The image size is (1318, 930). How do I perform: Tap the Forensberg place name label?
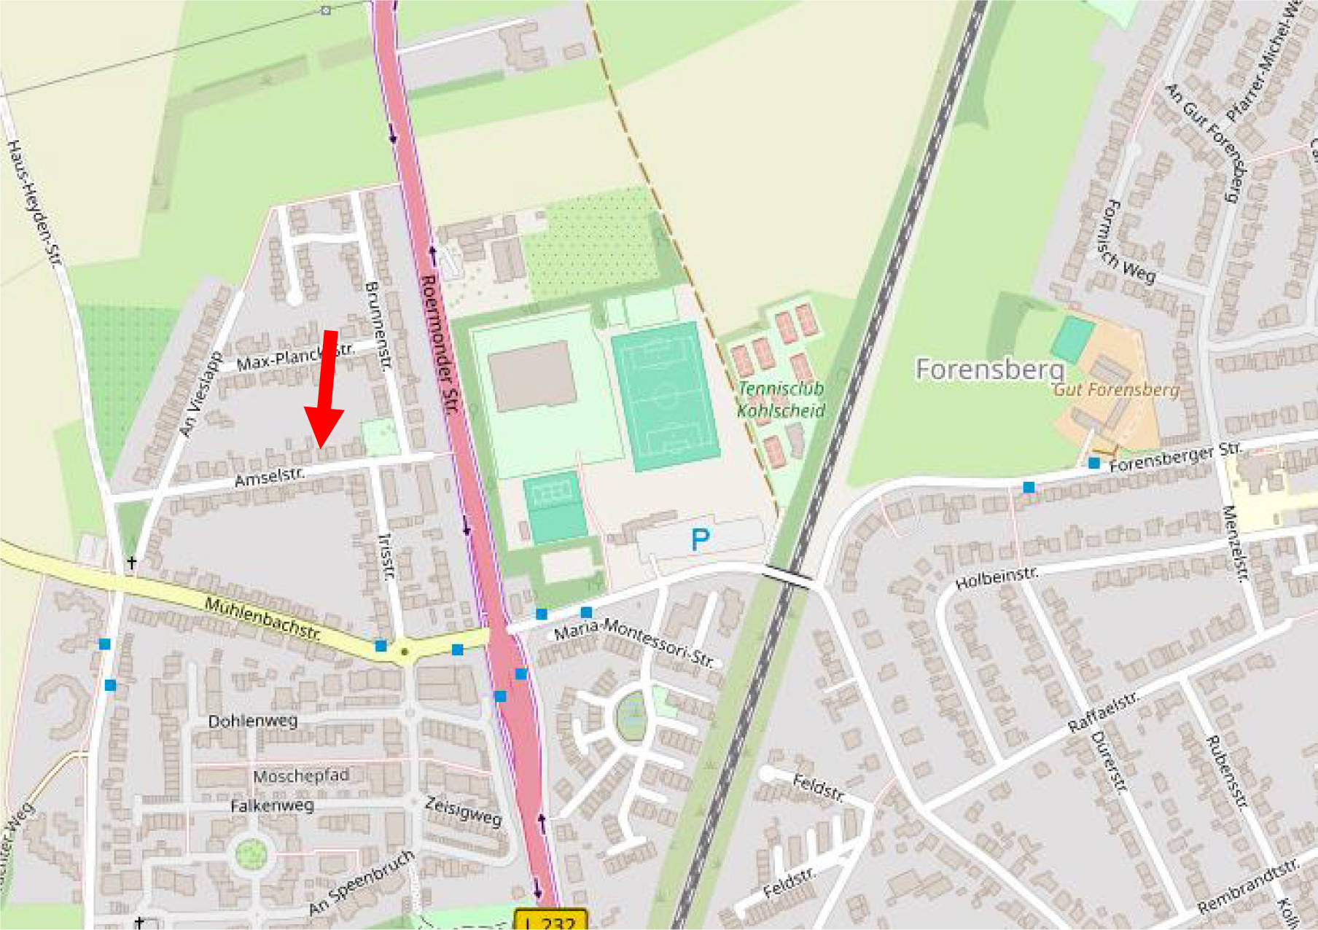click(989, 370)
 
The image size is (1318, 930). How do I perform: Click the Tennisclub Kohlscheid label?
click(781, 399)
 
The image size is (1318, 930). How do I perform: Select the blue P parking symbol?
click(700, 540)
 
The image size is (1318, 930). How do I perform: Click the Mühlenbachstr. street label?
click(262, 618)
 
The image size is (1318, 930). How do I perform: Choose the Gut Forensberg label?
click(1115, 390)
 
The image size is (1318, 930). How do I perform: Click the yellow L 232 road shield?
click(550, 920)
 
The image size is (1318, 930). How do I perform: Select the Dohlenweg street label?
click(253, 722)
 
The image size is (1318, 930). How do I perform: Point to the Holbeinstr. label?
click(996, 578)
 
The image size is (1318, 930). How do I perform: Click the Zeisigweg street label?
click(464, 811)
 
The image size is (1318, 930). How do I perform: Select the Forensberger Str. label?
click(1174, 457)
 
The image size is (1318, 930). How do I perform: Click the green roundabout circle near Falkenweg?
click(251, 853)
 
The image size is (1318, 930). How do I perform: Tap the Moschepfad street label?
click(301, 776)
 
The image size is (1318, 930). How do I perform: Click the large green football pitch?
click(665, 396)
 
